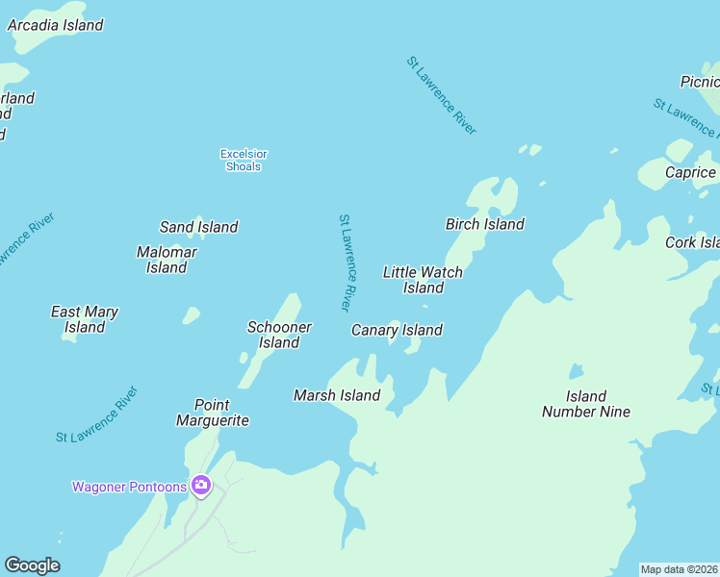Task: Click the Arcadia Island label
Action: click(55, 25)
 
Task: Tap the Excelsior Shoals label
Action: click(244, 160)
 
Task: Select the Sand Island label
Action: click(198, 227)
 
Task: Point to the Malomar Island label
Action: click(167, 260)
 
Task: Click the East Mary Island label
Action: click(85, 319)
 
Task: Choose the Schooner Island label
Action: click(279, 335)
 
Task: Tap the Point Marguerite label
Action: click(213, 413)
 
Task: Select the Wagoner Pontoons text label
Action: click(129, 487)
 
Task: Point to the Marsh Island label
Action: click(337, 395)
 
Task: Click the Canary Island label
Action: click(397, 330)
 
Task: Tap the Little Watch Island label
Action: click(423, 280)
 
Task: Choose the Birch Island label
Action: click(484, 224)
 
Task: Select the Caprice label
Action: click(690, 172)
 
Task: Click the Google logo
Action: click(32, 565)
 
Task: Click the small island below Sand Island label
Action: click(192, 314)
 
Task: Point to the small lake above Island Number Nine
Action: click(576, 370)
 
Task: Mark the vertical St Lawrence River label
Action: click(347, 263)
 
